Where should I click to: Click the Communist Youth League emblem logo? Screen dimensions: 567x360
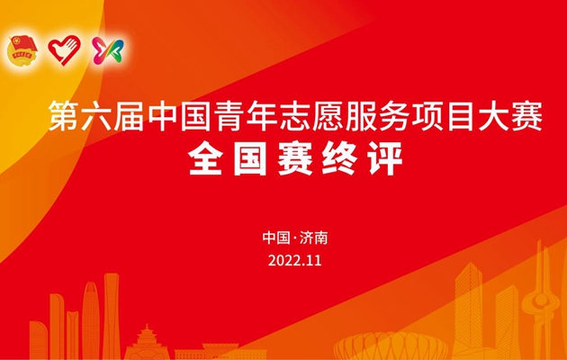tap(22, 50)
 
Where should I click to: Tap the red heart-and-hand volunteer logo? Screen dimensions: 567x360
tap(65, 49)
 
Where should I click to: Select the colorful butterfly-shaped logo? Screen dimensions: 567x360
tap(108, 51)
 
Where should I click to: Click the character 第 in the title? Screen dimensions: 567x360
tap(64, 116)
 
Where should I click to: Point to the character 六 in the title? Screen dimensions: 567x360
tap(95, 116)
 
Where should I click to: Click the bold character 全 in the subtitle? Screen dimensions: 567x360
tap(204, 158)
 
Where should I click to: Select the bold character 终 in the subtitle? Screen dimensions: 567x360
tap(339, 158)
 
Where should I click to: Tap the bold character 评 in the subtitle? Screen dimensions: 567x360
tap(385, 158)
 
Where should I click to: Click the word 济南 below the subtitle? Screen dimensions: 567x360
tap(313, 238)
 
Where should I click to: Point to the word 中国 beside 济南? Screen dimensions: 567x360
tap(276, 238)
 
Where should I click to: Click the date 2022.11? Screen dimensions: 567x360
tap(294, 260)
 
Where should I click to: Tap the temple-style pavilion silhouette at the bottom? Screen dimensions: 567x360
tap(147, 343)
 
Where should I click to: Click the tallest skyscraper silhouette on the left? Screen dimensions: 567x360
tap(111, 316)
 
